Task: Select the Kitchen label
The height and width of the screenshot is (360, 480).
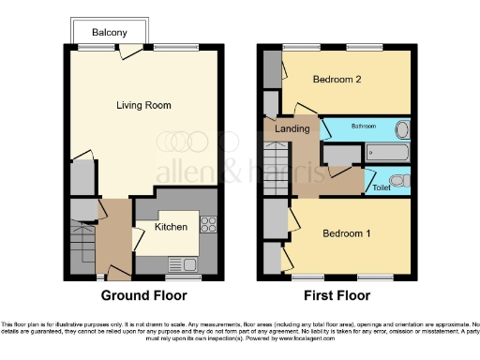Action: tap(172, 227)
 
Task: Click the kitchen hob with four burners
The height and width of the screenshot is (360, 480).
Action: tap(208, 225)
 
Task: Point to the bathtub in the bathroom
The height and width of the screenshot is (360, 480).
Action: tap(386, 151)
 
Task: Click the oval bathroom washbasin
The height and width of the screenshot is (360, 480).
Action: tap(402, 129)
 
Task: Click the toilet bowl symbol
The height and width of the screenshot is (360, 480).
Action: tap(397, 180)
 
